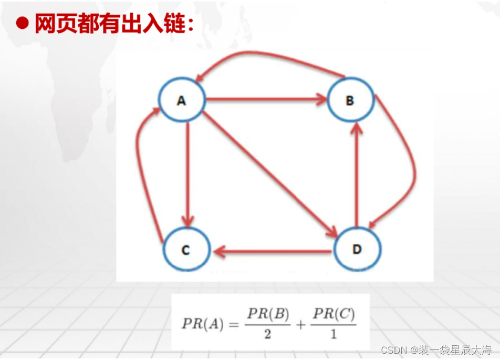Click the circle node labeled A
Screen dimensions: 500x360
tap(182, 99)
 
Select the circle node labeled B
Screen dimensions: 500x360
tap(350, 100)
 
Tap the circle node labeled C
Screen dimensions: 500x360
tap(186, 250)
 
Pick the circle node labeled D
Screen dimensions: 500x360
tap(357, 249)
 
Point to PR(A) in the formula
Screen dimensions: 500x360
tap(202, 324)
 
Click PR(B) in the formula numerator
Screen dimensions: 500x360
tap(268, 314)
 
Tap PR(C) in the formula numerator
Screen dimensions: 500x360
tap(334, 314)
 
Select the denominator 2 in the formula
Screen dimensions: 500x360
tap(268, 334)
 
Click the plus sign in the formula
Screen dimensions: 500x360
tap(300, 324)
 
